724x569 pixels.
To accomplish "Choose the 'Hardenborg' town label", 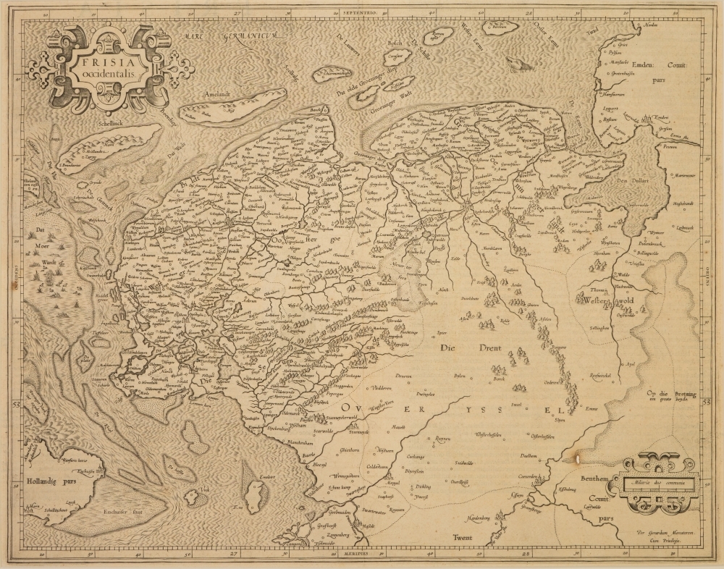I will point(478,517).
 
